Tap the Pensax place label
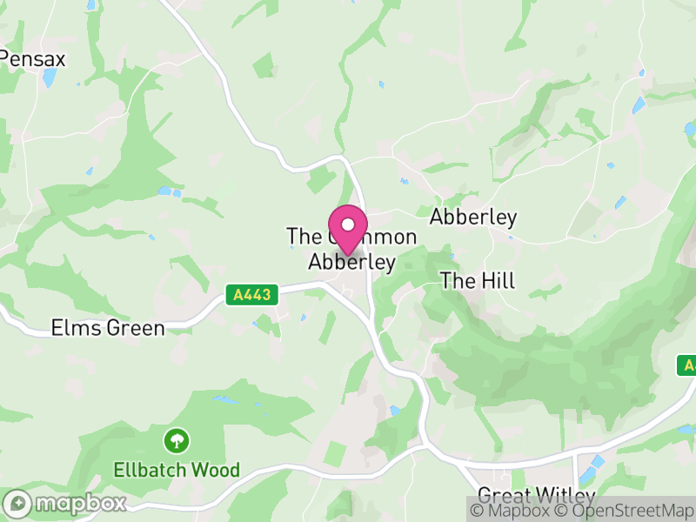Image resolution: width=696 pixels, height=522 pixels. pyautogui.click(x=33, y=58)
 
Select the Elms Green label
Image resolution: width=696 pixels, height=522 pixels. pyautogui.click(x=108, y=328)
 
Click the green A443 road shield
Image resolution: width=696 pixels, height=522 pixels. pyautogui.click(x=253, y=296)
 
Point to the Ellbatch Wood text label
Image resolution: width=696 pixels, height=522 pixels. pyautogui.click(x=177, y=470)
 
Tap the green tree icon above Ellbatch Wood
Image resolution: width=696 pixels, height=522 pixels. pyautogui.click(x=177, y=440)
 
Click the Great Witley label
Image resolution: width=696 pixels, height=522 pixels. pyautogui.click(x=536, y=497)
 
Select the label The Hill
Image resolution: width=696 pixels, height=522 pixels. pyautogui.click(x=478, y=280)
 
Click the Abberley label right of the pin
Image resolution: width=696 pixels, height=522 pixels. pyautogui.click(x=473, y=217)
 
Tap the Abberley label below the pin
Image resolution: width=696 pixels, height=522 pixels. pyautogui.click(x=352, y=261)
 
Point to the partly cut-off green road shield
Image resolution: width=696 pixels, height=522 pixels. pyautogui.click(x=687, y=365)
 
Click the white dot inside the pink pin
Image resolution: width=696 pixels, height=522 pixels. pyautogui.click(x=347, y=224)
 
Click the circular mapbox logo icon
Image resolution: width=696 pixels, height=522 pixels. pyautogui.click(x=19, y=503)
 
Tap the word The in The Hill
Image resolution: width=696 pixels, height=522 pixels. pyautogui.click(x=456, y=280)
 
